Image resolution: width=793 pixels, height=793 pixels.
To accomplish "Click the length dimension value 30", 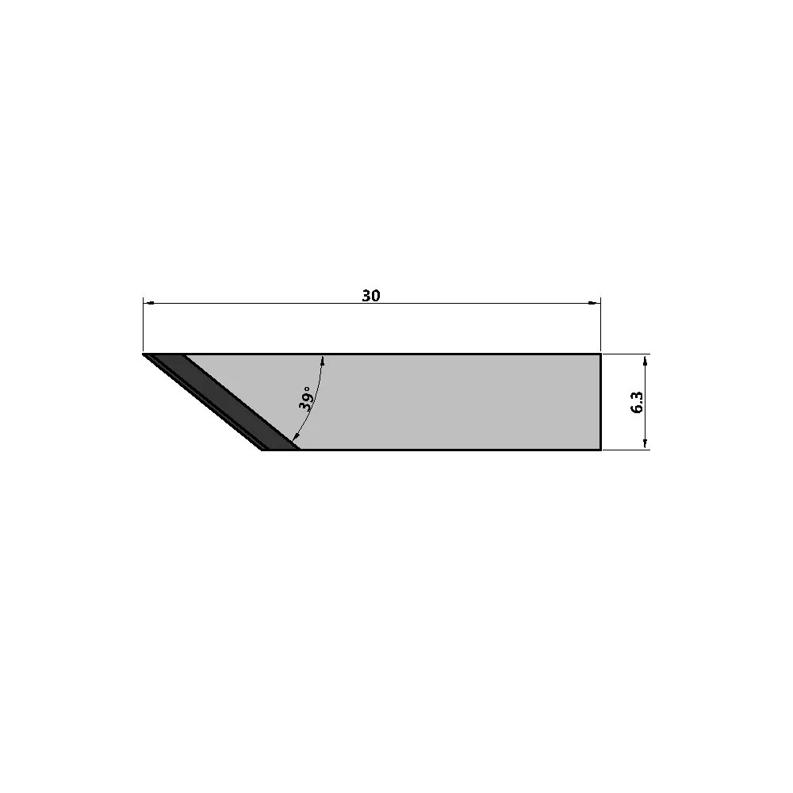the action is pyautogui.click(x=370, y=296).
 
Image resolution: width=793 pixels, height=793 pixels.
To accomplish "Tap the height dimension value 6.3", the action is pyautogui.click(x=638, y=402).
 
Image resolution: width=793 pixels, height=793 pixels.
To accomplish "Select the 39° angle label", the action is pyautogui.click(x=305, y=398).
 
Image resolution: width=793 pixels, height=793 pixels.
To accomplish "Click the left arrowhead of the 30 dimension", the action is pyautogui.click(x=149, y=304).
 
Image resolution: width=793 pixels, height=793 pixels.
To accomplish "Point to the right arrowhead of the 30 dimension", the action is pyautogui.click(x=595, y=304).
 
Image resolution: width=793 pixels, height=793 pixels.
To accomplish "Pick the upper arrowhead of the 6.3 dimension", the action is pyautogui.click(x=645, y=361).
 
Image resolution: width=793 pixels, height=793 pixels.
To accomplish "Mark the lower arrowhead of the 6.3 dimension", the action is pyautogui.click(x=645, y=443).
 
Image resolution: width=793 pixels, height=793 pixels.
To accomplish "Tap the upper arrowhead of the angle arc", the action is pyautogui.click(x=323, y=360).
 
